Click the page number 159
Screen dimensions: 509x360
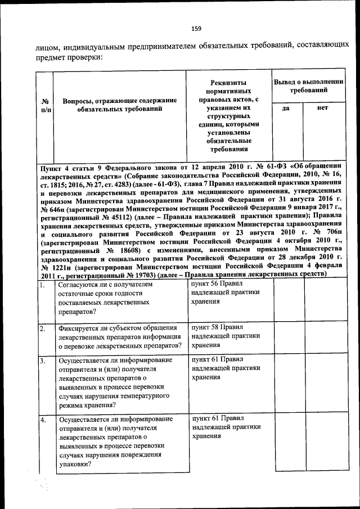click(x=196, y=29)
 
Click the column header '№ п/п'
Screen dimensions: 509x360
click(x=45, y=105)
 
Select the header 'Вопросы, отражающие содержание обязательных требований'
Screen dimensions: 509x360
click(x=120, y=105)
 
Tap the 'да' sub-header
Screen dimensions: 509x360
click(x=286, y=108)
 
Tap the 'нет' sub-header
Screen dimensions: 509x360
click(x=323, y=108)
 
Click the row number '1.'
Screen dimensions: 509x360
click(x=43, y=286)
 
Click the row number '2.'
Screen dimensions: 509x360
click(x=43, y=328)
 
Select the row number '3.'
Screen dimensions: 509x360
click(x=43, y=361)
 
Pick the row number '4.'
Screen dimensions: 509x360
click(x=43, y=420)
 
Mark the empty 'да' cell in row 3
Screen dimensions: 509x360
click(x=289, y=382)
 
